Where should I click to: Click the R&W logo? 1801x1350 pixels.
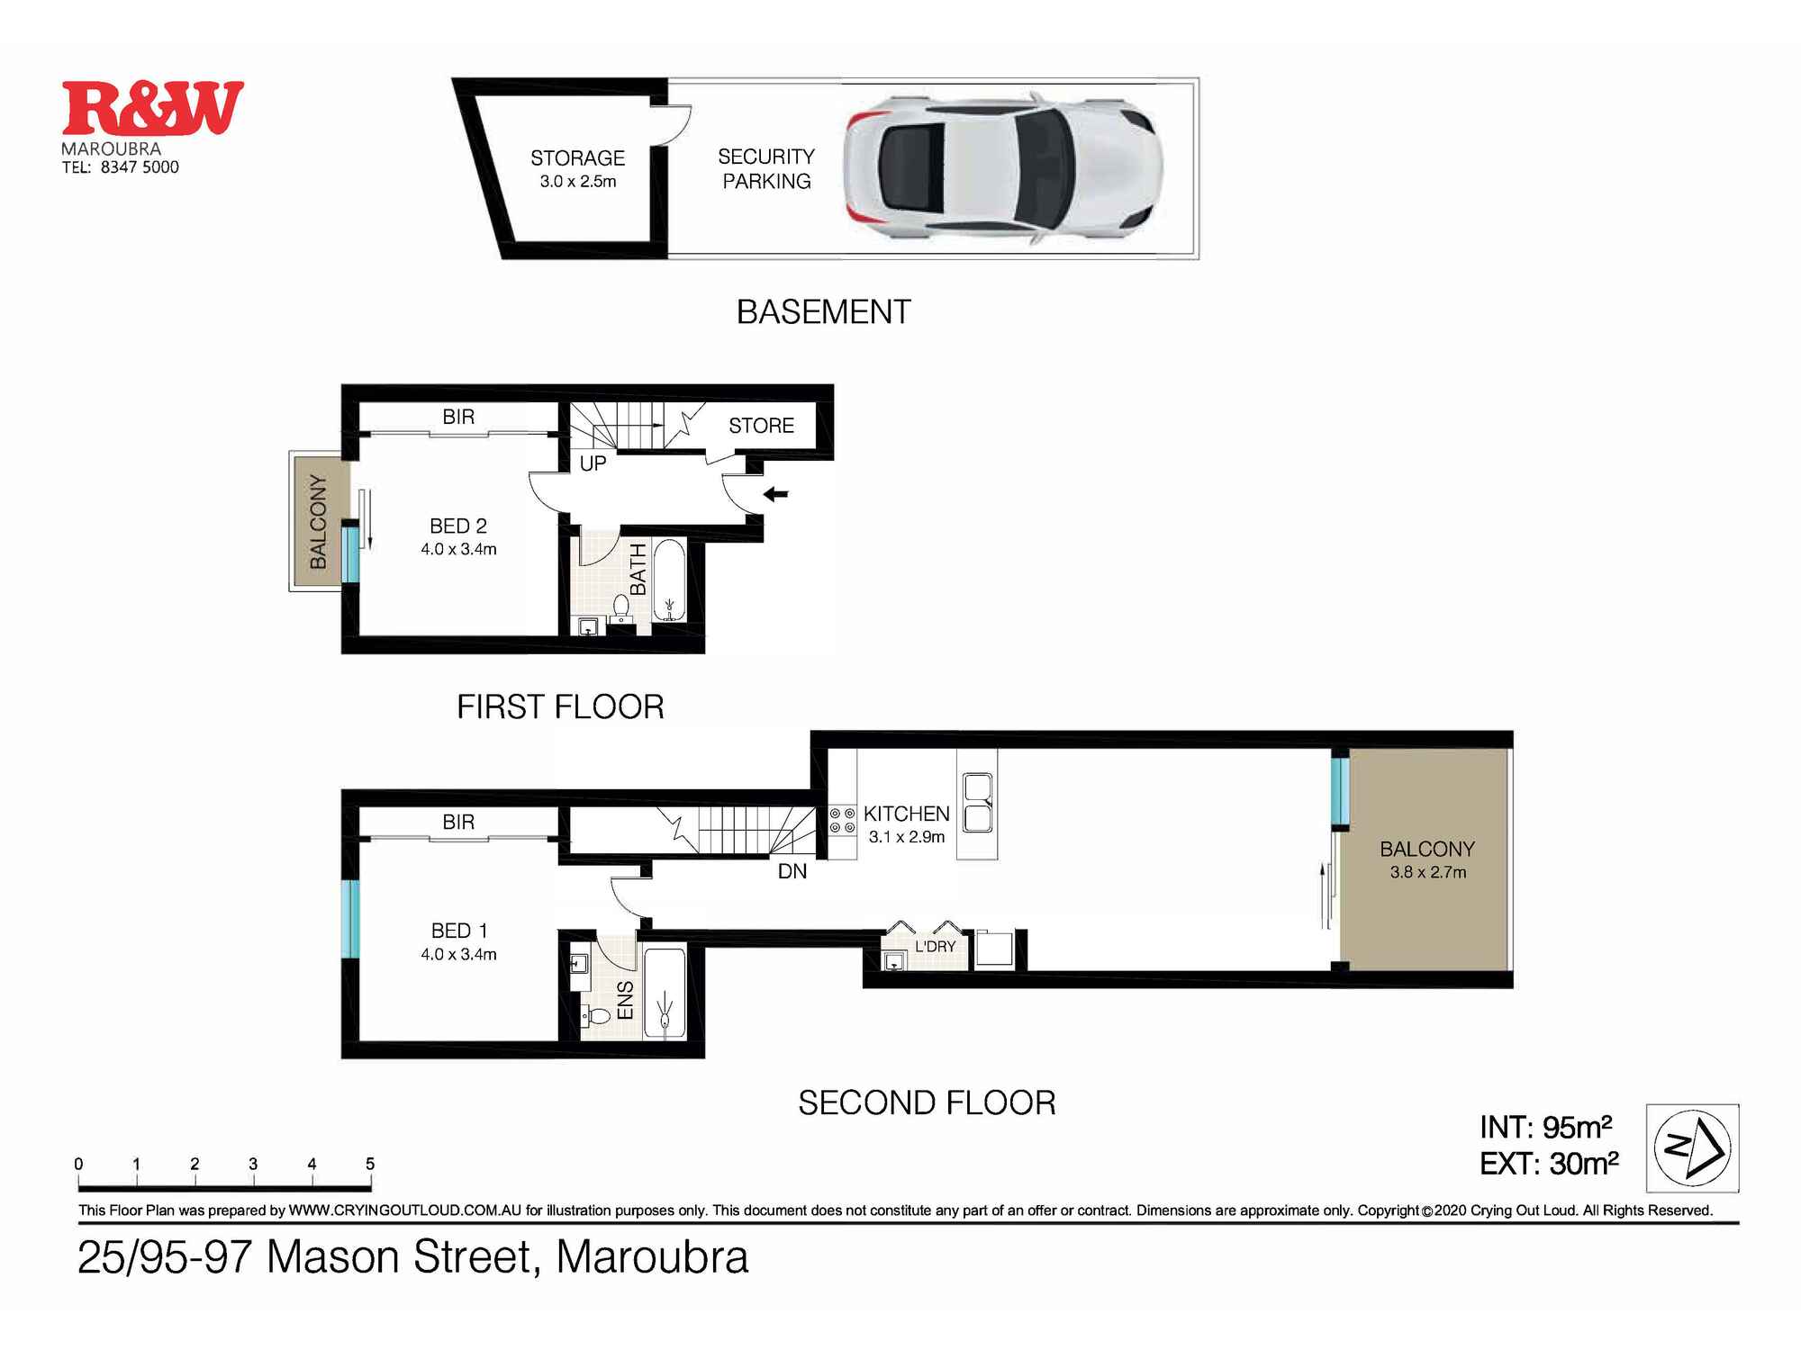tap(153, 108)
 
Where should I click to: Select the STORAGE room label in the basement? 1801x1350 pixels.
tap(577, 158)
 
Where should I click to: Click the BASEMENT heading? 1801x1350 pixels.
tap(823, 312)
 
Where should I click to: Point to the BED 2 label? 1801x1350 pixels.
tap(458, 526)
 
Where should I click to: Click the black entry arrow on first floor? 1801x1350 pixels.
tap(775, 493)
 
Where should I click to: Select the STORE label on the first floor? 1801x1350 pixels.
tap(761, 426)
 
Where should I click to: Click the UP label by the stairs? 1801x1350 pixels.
tap(593, 463)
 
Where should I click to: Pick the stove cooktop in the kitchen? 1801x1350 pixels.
tap(842, 820)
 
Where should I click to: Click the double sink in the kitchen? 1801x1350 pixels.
tap(977, 803)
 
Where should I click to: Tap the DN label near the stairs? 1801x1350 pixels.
tap(792, 871)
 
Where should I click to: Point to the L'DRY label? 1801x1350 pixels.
tap(935, 947)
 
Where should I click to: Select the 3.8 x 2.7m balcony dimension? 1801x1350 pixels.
tap(1427, 872)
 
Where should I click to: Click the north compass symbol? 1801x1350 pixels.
tap(1692, 1147)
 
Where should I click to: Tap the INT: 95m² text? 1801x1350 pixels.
tap(1545, 1127)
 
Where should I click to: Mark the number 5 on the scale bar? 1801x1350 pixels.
tap(369, 1164)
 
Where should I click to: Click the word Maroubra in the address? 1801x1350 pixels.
tap(652, 1257)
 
